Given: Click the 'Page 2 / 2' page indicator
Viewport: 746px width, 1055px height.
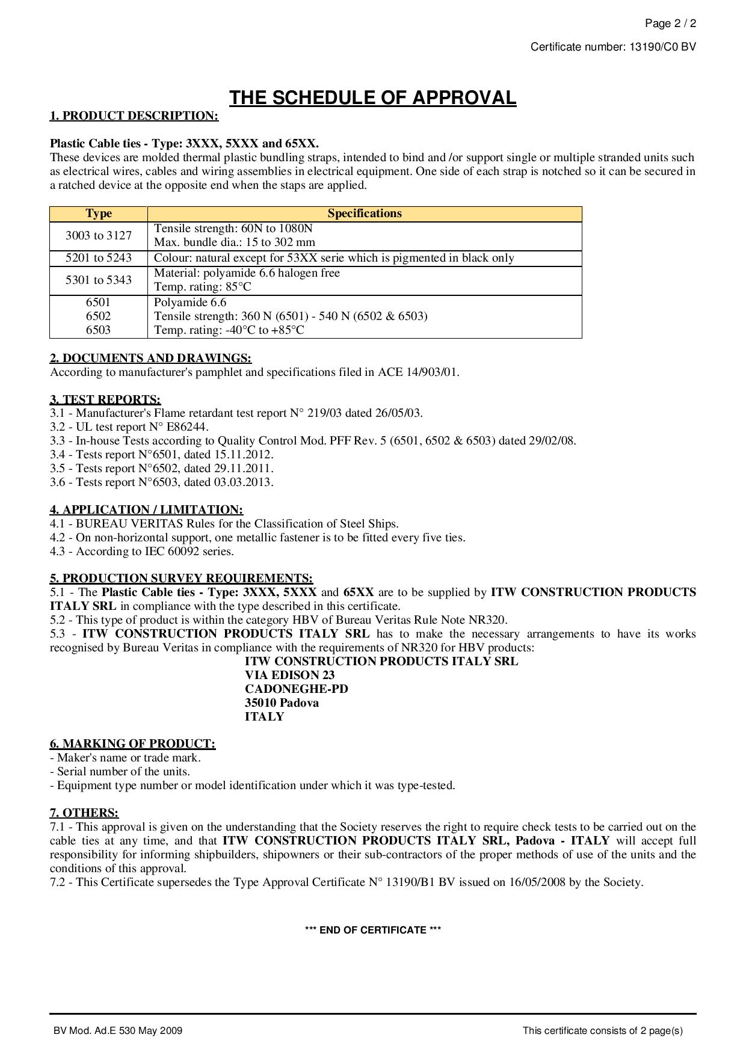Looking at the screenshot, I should tap(670, 24).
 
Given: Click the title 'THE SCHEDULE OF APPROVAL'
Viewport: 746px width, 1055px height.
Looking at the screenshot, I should tap(372, 98).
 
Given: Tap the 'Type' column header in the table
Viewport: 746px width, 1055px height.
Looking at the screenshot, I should tap(99, 214).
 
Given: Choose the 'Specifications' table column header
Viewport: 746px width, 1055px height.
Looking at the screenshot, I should tap(365, 214).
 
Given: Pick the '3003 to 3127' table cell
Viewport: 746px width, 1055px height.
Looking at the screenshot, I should tap(99, 235).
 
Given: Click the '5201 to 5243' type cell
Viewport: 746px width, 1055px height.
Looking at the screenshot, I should tap(99, 258).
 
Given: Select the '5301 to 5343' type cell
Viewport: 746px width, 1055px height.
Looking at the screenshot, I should tap(99, 280).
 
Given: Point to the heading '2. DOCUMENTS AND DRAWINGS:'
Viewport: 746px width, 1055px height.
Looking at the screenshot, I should tap(150, 358).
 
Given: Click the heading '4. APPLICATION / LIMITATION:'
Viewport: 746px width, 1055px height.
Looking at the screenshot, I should tap(146, 510).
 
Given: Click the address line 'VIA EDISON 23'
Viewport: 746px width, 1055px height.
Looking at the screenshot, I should tap(289, 675).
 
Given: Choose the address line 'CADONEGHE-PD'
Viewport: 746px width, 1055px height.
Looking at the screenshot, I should tap(296, 689).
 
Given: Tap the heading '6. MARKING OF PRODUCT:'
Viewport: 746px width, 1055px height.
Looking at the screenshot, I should tap(132, 744).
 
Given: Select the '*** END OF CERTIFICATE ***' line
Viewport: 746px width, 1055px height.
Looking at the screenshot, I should tap(373, 930).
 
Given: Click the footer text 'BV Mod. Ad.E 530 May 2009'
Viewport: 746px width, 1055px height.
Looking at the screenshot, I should tap(118, 1031).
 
